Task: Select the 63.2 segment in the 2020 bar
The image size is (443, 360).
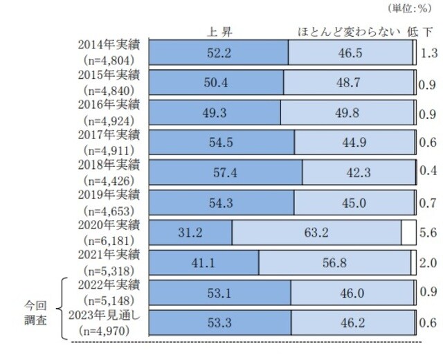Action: coord(317,232)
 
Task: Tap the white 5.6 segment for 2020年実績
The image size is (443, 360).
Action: coord(408,232)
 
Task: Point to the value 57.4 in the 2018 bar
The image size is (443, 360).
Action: coord(225,172)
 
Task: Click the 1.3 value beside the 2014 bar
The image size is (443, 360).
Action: coord(428,53)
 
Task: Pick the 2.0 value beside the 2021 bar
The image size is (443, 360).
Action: coord(428,262)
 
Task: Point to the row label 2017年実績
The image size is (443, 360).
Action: coord(110,134)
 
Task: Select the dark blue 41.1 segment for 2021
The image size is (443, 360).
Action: coord(204,262)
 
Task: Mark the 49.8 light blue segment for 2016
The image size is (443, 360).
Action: coord(347,112)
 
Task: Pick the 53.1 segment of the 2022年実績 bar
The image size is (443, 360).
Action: coord(219,292)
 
